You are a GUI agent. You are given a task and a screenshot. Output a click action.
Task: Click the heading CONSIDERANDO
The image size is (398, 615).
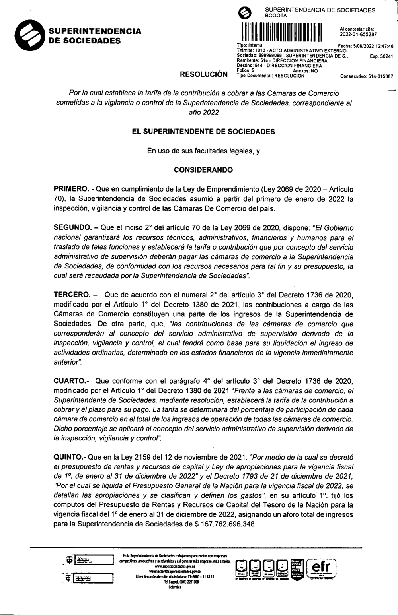pos(203,170)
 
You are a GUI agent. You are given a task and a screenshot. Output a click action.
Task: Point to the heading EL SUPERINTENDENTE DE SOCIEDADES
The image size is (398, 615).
pos(203,132)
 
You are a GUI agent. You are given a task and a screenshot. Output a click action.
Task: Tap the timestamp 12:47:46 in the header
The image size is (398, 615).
pos(383,46)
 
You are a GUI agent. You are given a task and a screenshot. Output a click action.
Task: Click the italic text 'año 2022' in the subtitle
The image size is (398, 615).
pos(203,113)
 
